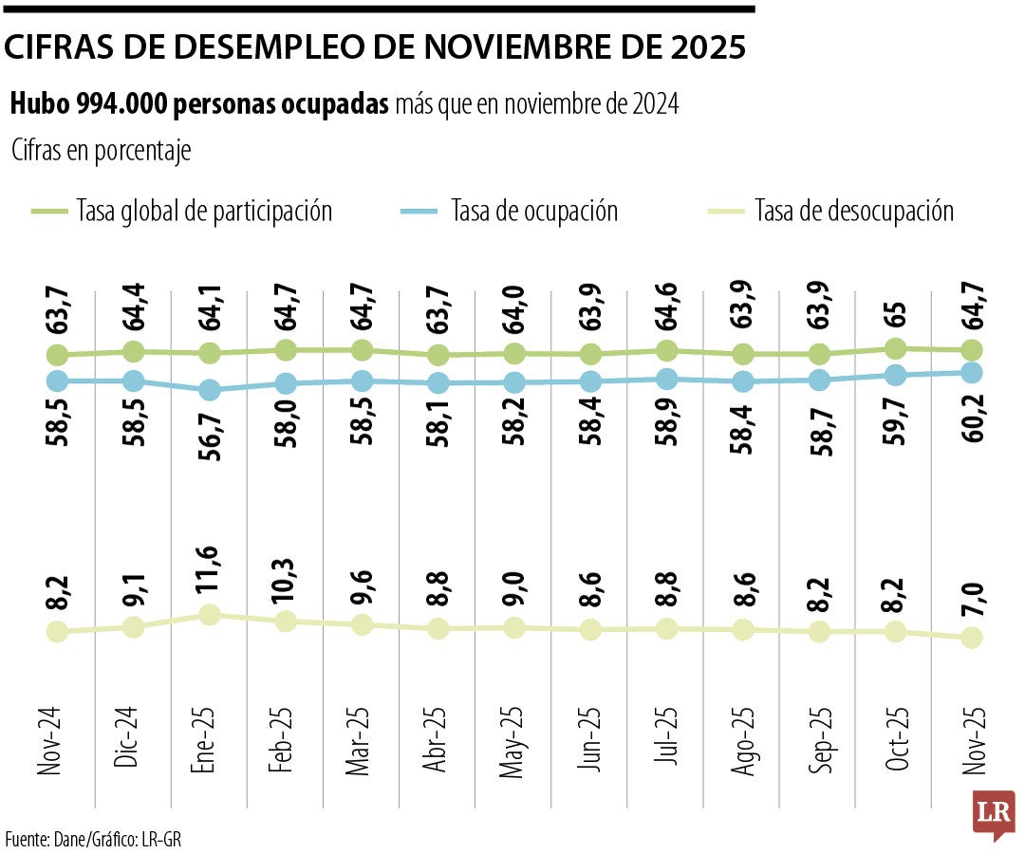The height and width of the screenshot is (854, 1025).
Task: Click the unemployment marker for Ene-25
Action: tap(210, 615)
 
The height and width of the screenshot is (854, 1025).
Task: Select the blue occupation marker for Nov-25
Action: tap(971, 373)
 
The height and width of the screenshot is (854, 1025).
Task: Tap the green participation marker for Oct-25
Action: tap(895, 348)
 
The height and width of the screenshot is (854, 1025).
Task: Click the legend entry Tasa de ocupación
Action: tap(534, 210)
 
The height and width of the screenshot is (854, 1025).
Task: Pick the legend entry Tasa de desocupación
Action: tap(853, 210)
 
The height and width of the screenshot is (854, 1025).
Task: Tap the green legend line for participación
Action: tap(49, 211)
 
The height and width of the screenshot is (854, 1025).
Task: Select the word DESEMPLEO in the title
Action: tap(275, 47)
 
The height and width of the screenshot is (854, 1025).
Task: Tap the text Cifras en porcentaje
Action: tap(102, 151)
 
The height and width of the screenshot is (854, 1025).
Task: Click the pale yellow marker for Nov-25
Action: tap(971, 639)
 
